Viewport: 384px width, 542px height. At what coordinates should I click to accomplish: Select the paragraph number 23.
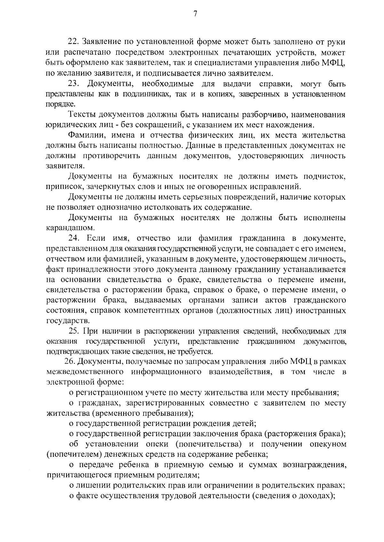[x=74, y=84]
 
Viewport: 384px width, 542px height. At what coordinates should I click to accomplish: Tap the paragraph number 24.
[x=74, y=238]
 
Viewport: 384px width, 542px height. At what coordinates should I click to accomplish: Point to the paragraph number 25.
[x=74, y=331]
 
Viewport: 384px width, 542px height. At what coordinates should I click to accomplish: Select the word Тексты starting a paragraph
[x=83, y=115]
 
